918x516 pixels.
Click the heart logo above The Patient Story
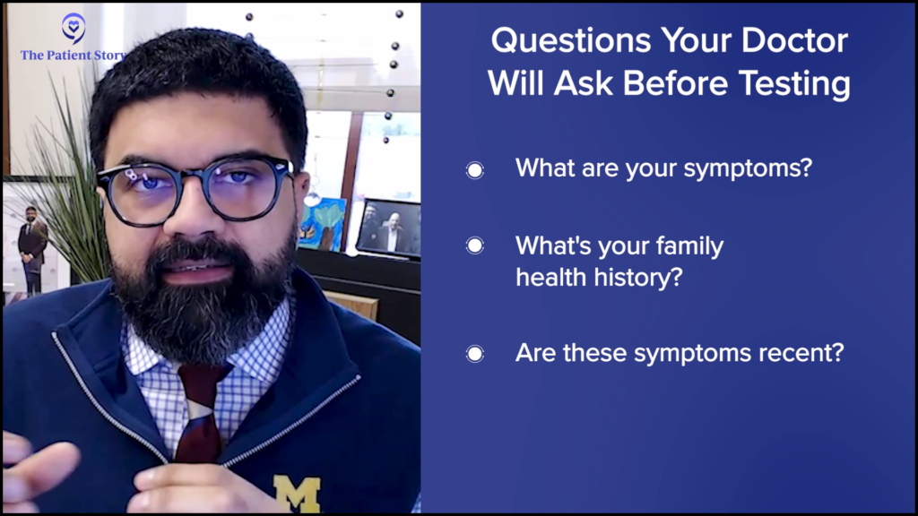74,28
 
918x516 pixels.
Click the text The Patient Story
72,55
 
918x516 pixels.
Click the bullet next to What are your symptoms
475,170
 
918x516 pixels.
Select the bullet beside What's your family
475,245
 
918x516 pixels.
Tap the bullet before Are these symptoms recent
475,354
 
